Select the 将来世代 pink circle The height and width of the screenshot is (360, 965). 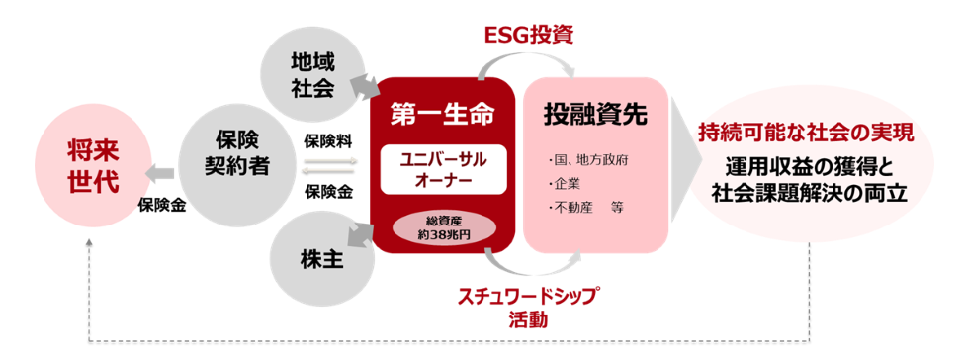(93, 167)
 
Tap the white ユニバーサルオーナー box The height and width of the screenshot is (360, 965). (443, 169)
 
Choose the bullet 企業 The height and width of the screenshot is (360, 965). (564, 185)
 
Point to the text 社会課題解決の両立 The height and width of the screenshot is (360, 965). (810, 193)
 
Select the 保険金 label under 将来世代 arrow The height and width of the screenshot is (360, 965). (162, 204)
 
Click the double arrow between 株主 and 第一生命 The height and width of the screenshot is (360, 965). (362, 234)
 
